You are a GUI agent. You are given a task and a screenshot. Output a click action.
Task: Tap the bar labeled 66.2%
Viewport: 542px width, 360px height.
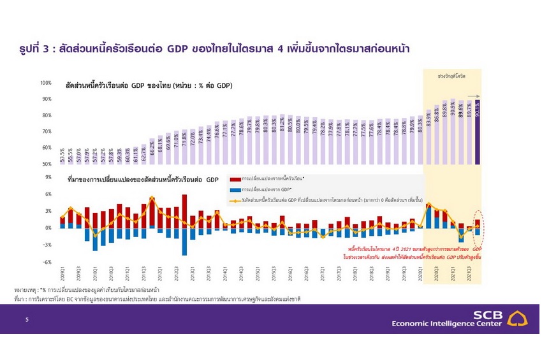[152, 152]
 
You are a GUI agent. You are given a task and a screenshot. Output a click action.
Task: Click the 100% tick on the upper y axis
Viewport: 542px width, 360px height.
[46, 83]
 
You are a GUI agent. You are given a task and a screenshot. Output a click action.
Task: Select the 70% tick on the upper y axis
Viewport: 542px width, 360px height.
[47, 131]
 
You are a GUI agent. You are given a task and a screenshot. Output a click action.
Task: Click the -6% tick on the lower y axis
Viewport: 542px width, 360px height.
[47, 262]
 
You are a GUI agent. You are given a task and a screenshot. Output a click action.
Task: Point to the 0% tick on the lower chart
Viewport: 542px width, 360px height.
[48, 228]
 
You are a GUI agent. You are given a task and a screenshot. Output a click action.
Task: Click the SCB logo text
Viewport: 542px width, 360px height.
[487, 313]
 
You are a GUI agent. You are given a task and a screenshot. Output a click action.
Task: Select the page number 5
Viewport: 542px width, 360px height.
[26, 320]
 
